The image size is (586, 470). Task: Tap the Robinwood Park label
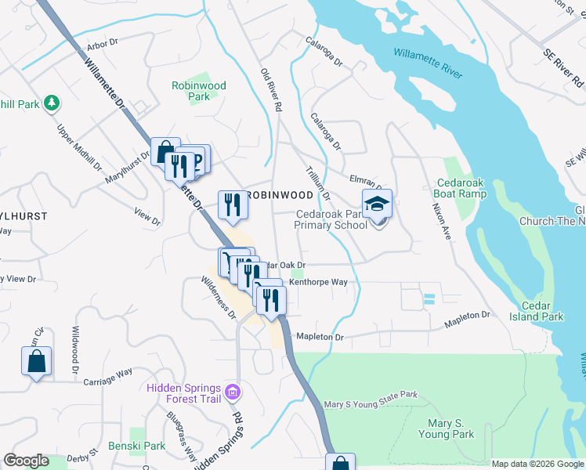pos(199,91)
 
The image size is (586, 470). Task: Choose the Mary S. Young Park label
pos(446,428)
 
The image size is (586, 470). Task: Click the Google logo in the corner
pos(26,461)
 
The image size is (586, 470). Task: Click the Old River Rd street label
pos(271,89)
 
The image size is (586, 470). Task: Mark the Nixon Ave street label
pos(441,222)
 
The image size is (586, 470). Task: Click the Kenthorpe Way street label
pos(317,281)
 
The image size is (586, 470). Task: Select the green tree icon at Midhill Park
pos(52,103)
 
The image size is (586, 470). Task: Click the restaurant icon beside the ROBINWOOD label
pos(233,204)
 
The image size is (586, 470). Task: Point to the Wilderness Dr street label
pos(218,297)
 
